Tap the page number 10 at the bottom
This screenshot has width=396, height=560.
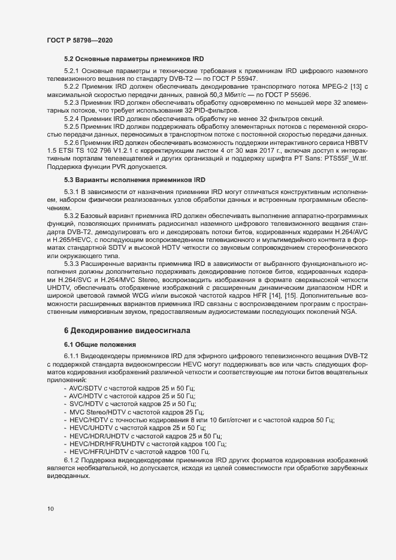pos(51,509)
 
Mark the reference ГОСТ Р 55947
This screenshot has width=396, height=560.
pos(229,79)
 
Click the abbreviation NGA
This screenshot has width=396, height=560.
pos(349,311)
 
